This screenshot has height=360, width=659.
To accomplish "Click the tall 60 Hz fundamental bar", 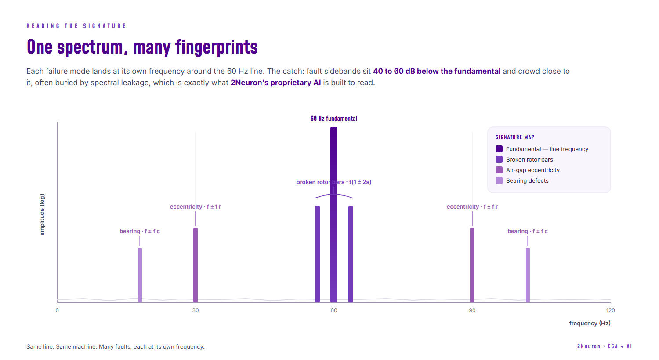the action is pyautogui.click(x=333, y=215).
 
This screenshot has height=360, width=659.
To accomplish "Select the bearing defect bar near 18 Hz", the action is pyautogui.click(x=140, y=275).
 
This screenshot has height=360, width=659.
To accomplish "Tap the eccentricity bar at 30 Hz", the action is pyautogui.click(x=196, y=265).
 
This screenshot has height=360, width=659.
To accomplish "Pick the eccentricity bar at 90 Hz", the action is pyautogui.click(x=472, y=265).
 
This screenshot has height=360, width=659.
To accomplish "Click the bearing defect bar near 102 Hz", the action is pyautogui.click(x=528, y=275).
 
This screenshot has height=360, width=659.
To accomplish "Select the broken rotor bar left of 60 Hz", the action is pyautogui.click(x=317, y=254).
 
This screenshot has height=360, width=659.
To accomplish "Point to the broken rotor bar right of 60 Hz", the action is pyautogui.click(x=351, y=254).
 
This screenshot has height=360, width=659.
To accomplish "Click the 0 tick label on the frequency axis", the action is pyautogui.click(x=57, y=310).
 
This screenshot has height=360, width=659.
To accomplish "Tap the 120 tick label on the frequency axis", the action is pyautogui.click(x=611, y=310).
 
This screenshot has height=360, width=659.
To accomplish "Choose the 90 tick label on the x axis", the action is pyautogui.click(x=472, y=310).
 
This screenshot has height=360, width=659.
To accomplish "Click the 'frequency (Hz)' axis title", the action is pyautogui.click(x=590, y=323).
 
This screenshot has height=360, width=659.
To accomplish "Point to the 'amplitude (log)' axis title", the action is pyautogui.click(x=42, y=215).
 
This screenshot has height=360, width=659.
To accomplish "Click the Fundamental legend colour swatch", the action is pyautogui.click(x=499, y=149).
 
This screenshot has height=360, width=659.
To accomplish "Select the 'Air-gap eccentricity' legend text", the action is pyautogui.click(x=533, y=170).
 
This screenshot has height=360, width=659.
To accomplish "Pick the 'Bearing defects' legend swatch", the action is pyautogui.click(x=499, y=181).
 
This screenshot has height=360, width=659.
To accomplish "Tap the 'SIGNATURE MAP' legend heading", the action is pyautogui.click(x=515, y=137).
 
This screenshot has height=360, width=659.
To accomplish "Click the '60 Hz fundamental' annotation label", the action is pyautogui.click(x=334, y=119).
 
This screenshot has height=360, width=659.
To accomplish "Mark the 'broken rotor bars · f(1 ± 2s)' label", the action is pyautogui.click(x=333, y=182).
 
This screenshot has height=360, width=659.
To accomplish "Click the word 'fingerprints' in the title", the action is pyautogui.click(x=216, y=47).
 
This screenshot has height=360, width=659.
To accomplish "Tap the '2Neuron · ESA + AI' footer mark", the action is pyautogui.click(x=604, y=346).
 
